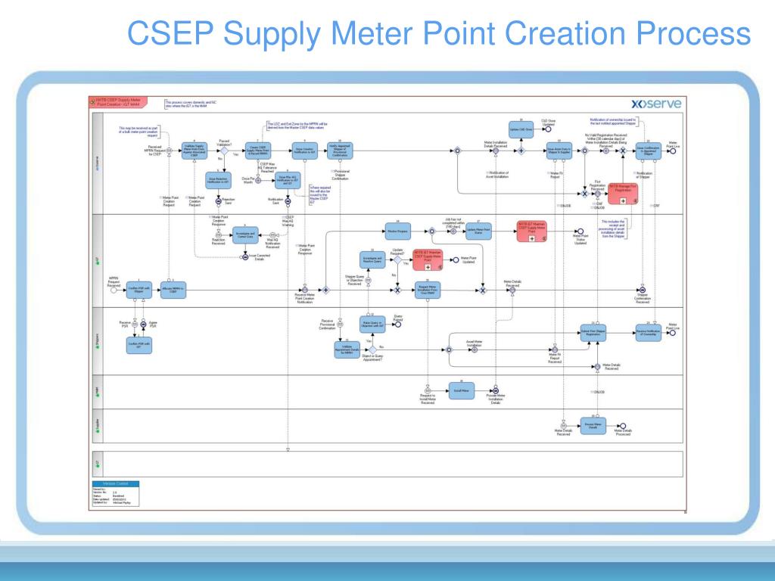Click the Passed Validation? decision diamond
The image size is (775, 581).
[224, 151]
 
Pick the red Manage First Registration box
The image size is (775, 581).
[623, 191]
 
